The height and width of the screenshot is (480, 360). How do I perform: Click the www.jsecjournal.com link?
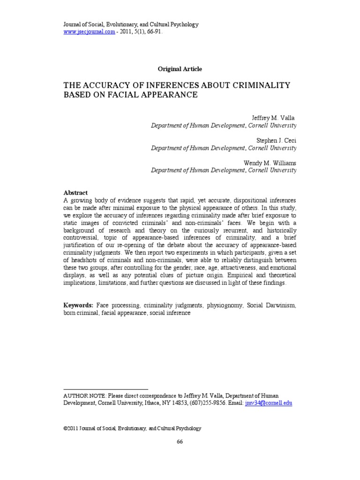click(x=89, y=31)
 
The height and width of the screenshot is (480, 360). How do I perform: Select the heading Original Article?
click(x=180, y=69)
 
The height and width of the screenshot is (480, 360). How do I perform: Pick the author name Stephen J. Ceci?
click(x=276, y=140)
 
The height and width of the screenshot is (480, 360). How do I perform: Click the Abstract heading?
click(x=75, y=193)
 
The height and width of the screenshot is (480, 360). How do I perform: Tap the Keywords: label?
click(x=78, y=305)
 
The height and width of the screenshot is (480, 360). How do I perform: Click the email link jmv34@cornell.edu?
click(x=268, y=403)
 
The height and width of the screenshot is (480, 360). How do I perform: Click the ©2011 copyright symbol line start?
click(x=66, y=428)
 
